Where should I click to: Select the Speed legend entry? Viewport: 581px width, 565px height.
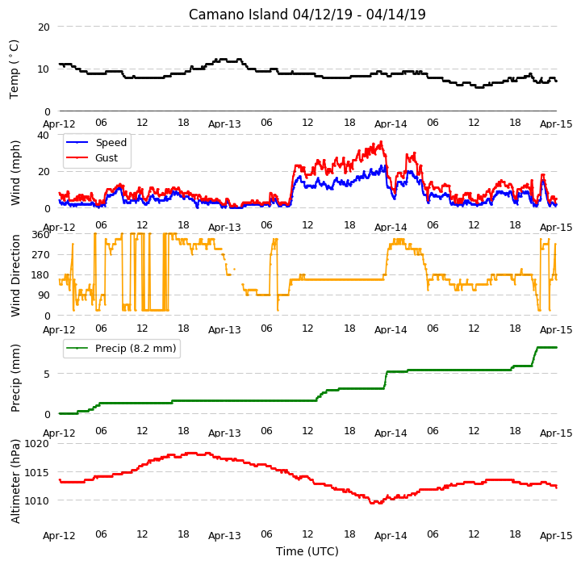click(96, 142)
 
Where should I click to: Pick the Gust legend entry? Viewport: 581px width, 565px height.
click(91, 158)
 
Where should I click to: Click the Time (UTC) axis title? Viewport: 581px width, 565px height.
click(307, 551)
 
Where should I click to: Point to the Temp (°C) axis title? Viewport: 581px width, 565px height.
click(14, 69)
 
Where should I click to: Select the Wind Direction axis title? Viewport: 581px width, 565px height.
click(15, 275)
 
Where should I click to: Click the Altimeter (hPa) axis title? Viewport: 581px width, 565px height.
click(15, 481)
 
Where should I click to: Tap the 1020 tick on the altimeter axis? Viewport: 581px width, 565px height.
click(36, 444)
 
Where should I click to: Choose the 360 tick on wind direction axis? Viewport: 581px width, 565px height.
click(41, 235)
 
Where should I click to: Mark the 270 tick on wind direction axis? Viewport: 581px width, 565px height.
click(41, 255)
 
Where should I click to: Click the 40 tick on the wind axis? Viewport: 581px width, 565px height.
click(44, 136)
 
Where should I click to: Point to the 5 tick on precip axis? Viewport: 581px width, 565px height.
click(47, 374)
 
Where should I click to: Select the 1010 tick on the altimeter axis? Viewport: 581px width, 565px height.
click(36, 501)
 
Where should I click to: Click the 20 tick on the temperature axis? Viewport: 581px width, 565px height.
click(44, 27)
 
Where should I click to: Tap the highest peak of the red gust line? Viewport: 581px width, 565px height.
click(381, 141)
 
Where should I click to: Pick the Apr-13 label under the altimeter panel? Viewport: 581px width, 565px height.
click(224, 536)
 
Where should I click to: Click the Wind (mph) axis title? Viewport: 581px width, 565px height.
click(15, 173)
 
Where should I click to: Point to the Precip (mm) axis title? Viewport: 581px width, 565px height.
click(15, 379)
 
